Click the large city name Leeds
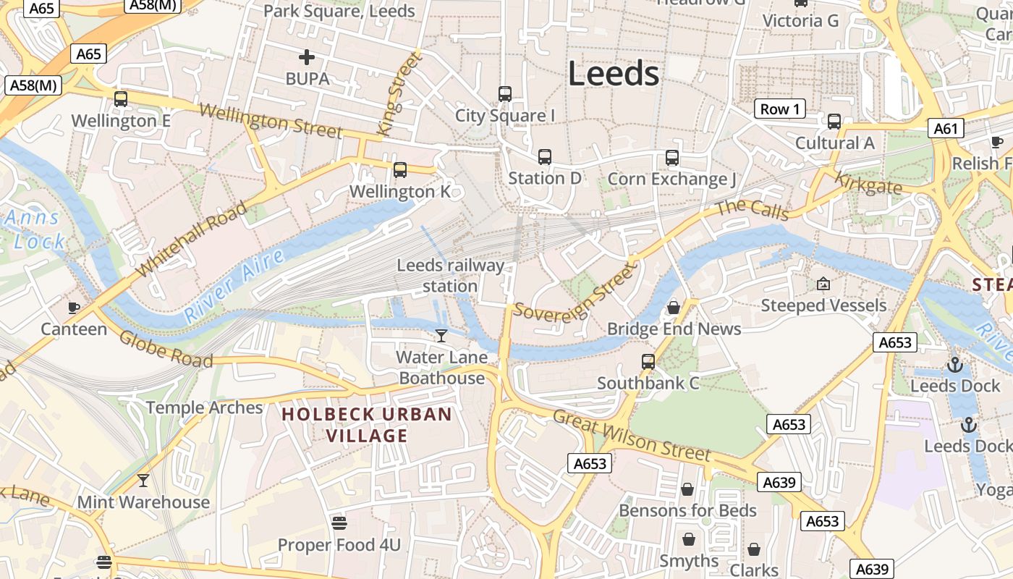613,74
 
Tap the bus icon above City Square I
505,93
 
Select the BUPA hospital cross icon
307,56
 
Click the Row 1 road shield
780,109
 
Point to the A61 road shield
945,129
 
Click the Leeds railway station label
450,276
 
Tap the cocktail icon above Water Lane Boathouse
441,335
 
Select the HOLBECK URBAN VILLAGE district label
367,425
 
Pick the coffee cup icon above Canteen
74,308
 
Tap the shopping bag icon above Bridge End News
673,308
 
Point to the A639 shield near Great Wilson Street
779,482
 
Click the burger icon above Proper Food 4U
339,523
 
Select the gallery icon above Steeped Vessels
823,284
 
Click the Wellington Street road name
270,121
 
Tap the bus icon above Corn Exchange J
672,157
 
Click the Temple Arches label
204,407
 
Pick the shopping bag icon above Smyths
688,539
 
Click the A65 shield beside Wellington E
88,54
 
